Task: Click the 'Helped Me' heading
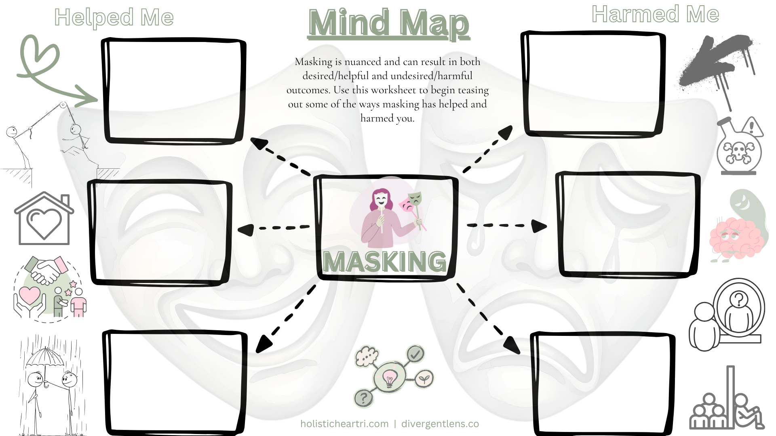click(114, 18)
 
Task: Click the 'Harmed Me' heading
click(655, 15)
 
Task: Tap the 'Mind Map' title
click(388, 23)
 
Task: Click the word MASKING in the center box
click(385, 262)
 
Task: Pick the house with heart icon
click(44, 219)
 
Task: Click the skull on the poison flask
click(738, 152)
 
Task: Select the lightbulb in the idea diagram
click(389, 379)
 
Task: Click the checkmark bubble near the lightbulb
click(415, 354)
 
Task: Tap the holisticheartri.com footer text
click(344, 424)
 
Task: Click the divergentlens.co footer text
click(440, 424)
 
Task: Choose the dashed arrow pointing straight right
click(507, 225)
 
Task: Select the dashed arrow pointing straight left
click(274, 228)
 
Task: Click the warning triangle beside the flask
click(752, 127)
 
